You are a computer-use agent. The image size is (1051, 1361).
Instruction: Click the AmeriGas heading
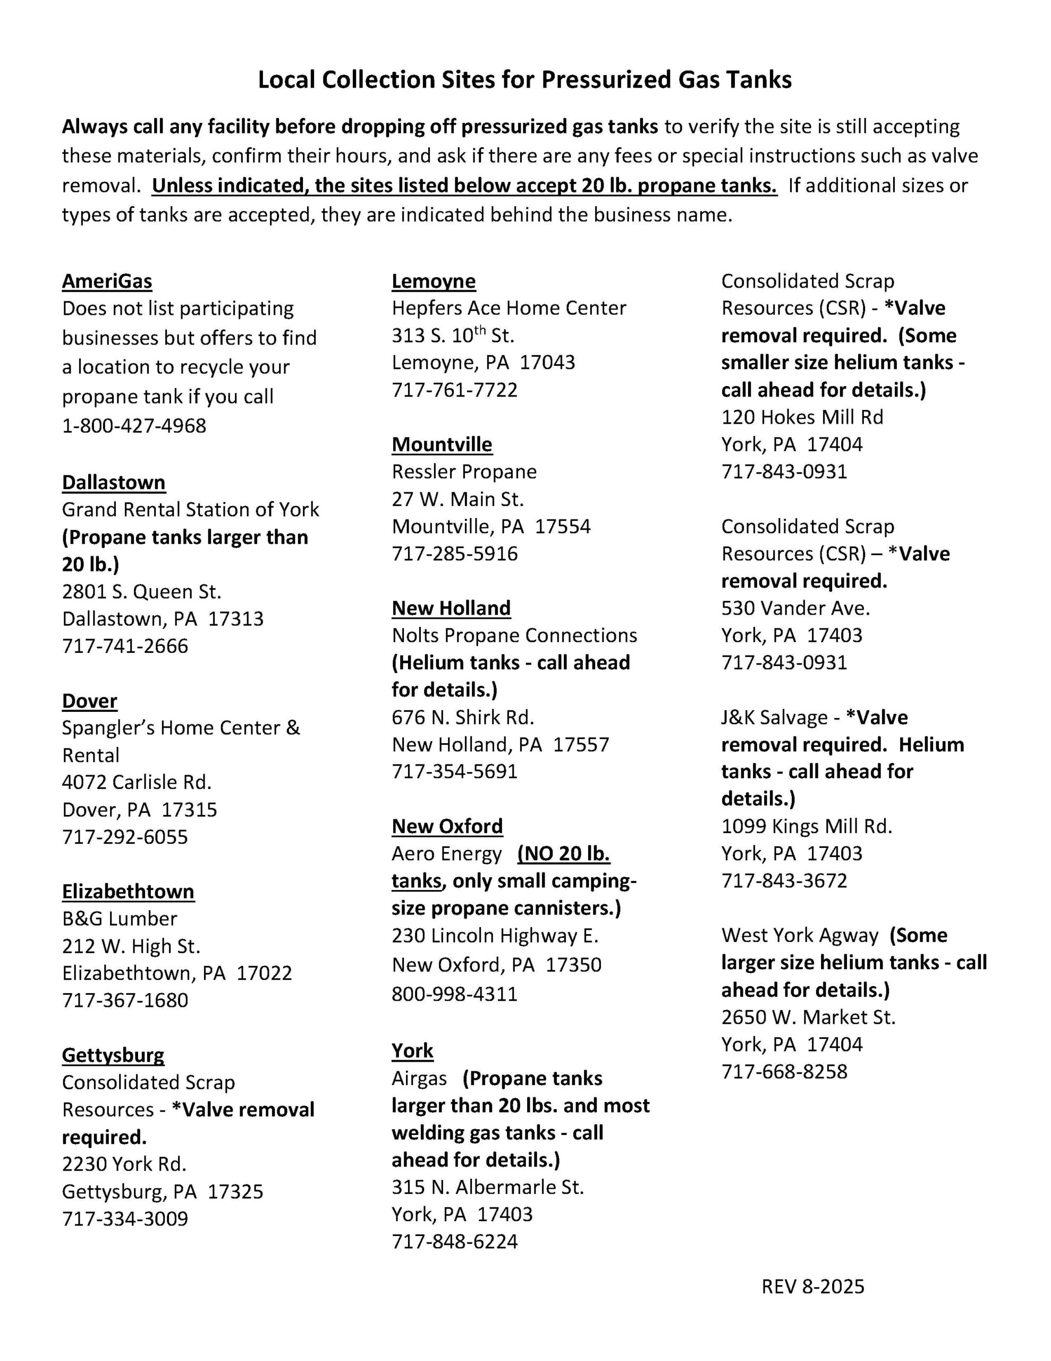click(106, 281)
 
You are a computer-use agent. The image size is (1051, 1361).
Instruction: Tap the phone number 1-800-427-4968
click(134, 426)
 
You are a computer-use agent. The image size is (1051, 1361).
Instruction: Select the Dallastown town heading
click(113, 482)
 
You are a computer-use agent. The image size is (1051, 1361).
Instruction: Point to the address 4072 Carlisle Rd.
click(137, 782)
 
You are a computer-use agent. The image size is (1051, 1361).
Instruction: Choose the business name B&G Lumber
click(120, 919)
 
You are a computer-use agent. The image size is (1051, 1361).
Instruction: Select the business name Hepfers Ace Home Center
click(508, 308)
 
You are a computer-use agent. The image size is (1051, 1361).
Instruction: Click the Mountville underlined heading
click(442, 444)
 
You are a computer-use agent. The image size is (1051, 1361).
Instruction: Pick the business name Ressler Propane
click(463, 472)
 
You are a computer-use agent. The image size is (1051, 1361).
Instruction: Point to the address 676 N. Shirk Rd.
click(463, 717)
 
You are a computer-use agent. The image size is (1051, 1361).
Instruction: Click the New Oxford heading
click(447, 826)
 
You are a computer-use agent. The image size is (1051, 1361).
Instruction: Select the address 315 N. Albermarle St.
click(488, 1187)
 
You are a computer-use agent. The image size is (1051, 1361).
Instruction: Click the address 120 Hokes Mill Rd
click(802, 417)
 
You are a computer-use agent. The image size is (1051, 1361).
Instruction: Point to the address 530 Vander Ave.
click(795, 608)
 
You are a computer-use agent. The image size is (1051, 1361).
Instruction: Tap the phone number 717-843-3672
click(784, 880)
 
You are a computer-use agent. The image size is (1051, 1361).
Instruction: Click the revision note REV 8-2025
click(812, 1287)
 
